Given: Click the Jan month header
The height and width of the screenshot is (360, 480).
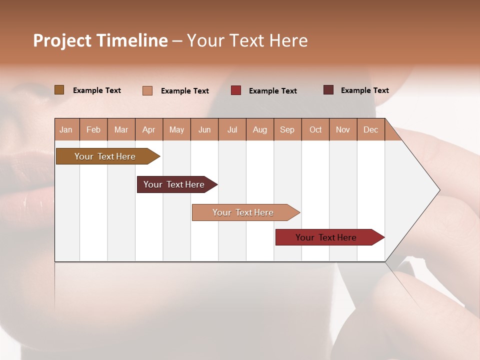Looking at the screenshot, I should click(66, 129).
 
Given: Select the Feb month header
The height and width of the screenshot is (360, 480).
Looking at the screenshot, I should click(93, 129).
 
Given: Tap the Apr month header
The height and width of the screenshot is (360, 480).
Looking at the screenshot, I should click(148, 129).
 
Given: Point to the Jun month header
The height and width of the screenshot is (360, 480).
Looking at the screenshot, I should click(204, 129).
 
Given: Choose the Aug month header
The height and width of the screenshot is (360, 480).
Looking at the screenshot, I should click(259, 129).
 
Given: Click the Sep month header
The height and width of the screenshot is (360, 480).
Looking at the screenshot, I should click(287, 129).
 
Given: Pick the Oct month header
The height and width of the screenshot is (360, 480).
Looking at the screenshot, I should click(315, 129).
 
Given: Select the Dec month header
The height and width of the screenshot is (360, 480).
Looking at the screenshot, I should click(370, 129).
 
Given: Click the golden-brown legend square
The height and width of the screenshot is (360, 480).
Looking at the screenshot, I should click(59, 90).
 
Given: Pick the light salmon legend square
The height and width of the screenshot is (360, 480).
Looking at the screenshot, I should click(147, 90).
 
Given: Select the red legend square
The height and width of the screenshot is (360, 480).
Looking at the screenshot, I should click(236, 90).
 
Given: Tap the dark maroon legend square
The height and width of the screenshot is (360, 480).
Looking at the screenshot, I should click(328, 90).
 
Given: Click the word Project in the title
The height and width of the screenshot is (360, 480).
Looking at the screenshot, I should click(62, 40).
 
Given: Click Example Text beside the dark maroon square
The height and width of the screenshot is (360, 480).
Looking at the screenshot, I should click(364, 90).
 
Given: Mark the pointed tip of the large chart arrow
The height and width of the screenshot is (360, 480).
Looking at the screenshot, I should click(439, 190).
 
